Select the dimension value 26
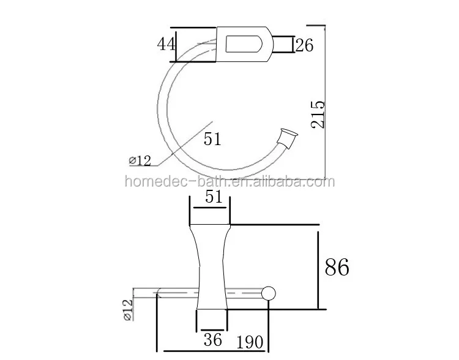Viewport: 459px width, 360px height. (304, 45)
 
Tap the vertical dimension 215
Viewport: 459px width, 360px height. (317, 113)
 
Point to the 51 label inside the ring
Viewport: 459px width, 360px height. (212, 140)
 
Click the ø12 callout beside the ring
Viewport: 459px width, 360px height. (140, 160)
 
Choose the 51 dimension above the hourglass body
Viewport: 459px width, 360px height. (210, 196)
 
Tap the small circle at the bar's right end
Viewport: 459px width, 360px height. (269, 294)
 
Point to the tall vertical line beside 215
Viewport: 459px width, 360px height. (324, 98)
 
